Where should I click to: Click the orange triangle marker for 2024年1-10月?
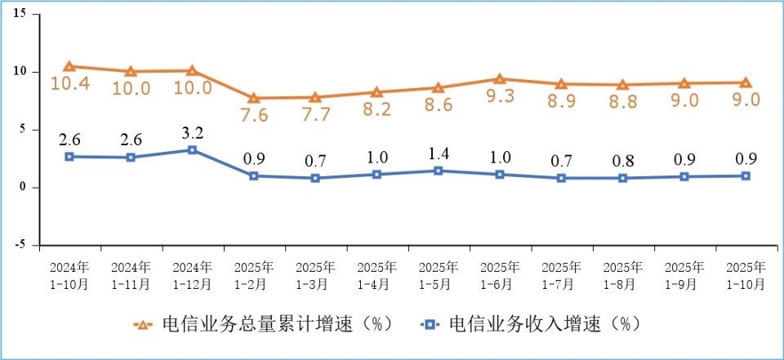(x=69, y=66)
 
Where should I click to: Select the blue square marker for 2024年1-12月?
(x=192, y=150)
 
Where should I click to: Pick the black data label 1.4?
(x=439, y=153)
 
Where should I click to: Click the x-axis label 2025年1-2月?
(x=254, y=276)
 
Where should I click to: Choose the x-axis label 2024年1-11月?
(x=131, y=276)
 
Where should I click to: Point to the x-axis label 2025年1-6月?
(x=500, y=276)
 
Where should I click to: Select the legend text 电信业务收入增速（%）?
(x=544, y=324)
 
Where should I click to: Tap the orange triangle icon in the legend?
(x=143, y=324)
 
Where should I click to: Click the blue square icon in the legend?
(x=428, y=324)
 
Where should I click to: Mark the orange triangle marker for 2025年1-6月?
(x=500, y=79)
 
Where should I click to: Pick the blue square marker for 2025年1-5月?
(x=439, y=171)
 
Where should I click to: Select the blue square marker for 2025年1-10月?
(x=746, y=176)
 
